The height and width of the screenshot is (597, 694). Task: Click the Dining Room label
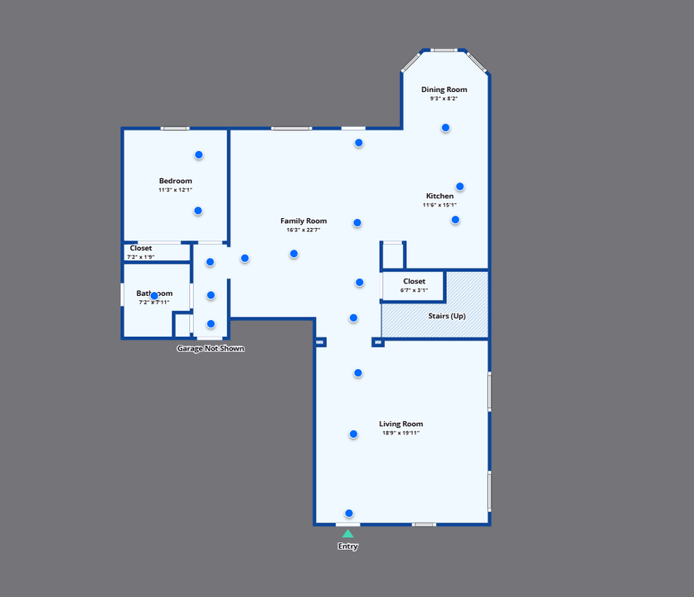444,90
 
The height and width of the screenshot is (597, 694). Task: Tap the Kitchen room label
439,196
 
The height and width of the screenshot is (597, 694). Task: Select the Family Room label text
303,221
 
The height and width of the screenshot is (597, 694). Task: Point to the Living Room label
401,424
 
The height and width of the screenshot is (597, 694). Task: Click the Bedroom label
176,181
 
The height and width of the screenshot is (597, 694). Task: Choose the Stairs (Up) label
446,316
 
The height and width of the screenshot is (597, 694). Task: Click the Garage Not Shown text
211,348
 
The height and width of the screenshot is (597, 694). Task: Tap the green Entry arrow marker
347,533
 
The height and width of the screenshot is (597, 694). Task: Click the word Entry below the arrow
347,546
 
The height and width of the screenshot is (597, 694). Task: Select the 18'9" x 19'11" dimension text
401,433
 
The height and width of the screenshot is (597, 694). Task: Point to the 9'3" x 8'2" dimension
444,99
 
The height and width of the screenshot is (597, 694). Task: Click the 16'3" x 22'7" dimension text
303,230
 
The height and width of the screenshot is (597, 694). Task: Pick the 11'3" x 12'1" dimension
176,190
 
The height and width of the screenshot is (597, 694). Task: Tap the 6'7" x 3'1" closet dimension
414,290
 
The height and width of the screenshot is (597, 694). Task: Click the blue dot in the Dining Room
445,128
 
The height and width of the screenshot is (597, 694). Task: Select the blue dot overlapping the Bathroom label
153,295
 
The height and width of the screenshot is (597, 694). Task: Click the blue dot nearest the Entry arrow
349,513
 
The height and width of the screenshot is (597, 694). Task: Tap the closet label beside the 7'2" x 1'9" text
141,248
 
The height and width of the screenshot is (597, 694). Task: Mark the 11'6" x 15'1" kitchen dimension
439,205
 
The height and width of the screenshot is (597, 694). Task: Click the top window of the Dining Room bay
444,51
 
